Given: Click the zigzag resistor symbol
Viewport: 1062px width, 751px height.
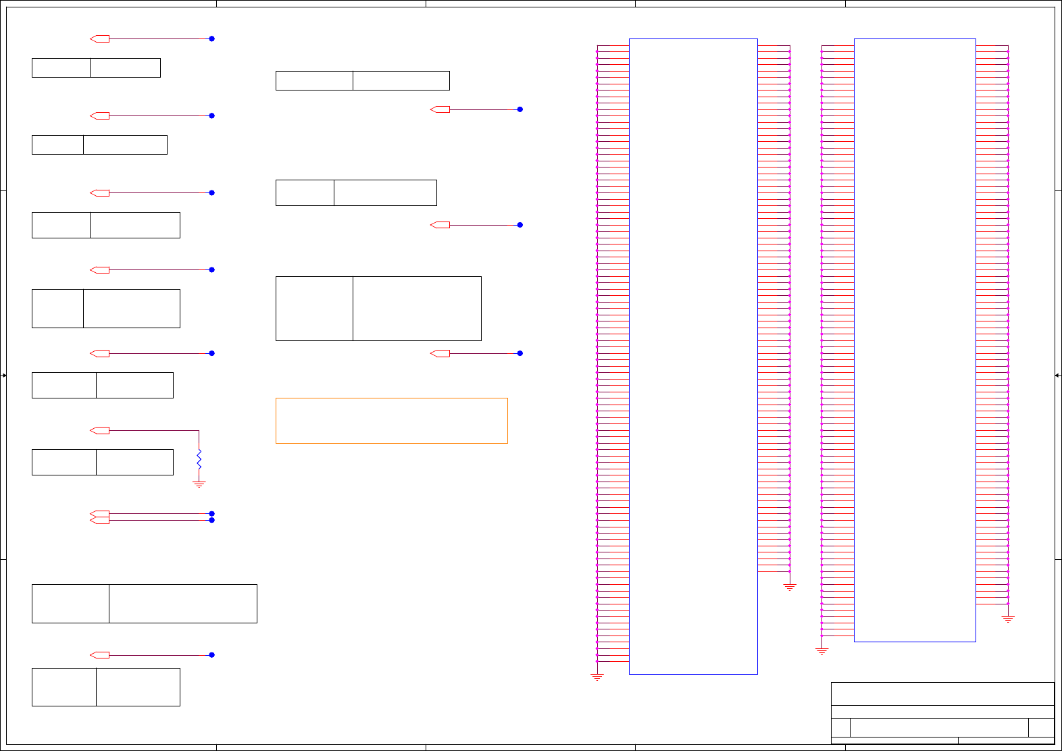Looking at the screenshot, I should point(199,459).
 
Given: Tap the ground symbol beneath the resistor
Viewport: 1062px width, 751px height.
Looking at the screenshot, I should point(199,484).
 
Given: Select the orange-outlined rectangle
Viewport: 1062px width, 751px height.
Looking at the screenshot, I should point(391,420).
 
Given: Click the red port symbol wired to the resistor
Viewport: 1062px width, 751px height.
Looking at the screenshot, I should point(100,430).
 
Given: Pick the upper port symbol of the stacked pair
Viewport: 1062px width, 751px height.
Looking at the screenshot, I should point(100,513).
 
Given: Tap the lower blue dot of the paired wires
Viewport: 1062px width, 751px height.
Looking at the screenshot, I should point(211,520).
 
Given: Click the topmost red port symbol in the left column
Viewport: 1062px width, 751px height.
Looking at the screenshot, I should point(100,38).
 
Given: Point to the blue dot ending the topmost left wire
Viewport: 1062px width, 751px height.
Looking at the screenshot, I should point(211,38).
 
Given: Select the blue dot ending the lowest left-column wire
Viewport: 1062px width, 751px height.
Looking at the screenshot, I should point(211,655).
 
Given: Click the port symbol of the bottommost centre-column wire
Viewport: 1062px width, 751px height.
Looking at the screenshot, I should point(440,353).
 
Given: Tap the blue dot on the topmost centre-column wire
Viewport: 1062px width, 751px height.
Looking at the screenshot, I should point(520,109).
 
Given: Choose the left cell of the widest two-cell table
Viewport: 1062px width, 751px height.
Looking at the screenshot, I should point(70,604).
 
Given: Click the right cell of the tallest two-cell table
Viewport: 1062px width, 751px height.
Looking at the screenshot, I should point(417,309).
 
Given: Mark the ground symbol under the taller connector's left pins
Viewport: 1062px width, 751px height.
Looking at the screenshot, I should point(597,676).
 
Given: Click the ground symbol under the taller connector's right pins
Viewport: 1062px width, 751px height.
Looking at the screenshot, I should point(790,588).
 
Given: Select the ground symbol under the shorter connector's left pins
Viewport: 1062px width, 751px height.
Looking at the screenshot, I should point(821,651).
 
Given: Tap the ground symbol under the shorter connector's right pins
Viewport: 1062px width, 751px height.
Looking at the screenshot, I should point(1008,619).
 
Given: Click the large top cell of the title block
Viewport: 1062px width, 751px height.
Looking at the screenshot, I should point(942,694).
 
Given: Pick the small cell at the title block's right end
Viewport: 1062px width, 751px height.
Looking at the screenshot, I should point(1041,727).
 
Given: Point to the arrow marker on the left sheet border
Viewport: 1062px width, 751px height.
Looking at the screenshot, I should point(4,375).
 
